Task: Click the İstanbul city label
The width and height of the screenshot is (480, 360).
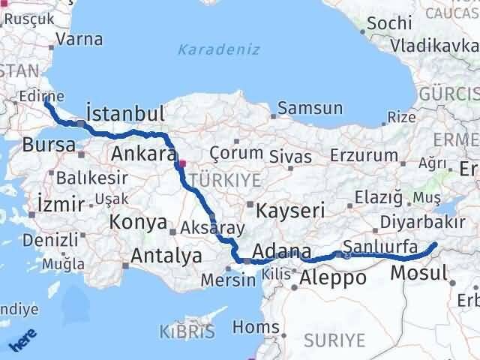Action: click(125, 114)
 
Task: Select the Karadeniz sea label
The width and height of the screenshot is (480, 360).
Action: click(219, 50)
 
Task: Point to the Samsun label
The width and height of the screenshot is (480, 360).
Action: click(310, 108)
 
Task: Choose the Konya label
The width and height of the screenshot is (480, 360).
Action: click(138, 222)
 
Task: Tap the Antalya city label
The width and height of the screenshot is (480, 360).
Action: click(166, 256)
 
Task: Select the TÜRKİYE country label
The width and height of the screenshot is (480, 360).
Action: click(226, 180)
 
